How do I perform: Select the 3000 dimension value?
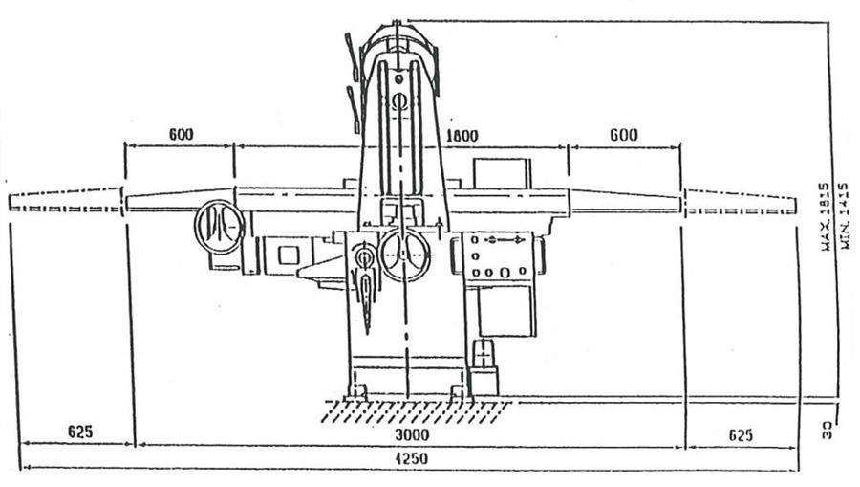click(x=412, y=434)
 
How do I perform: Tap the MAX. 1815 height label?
click(x=824, y=216)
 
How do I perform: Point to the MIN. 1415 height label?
click(x=843, y=216)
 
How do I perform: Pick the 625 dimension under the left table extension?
click(x=80, y=432)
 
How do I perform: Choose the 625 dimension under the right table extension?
click(x=741, y=434)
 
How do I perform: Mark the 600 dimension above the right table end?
click(x=622, y=135)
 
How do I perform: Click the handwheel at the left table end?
click(x=219, y=227)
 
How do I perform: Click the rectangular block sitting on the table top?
click(x=501, y=173)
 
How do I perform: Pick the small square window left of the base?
click(x=288, y=255)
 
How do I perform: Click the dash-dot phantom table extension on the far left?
click(x=65, y=202)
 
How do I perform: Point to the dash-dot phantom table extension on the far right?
click(x=740, y=202)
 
